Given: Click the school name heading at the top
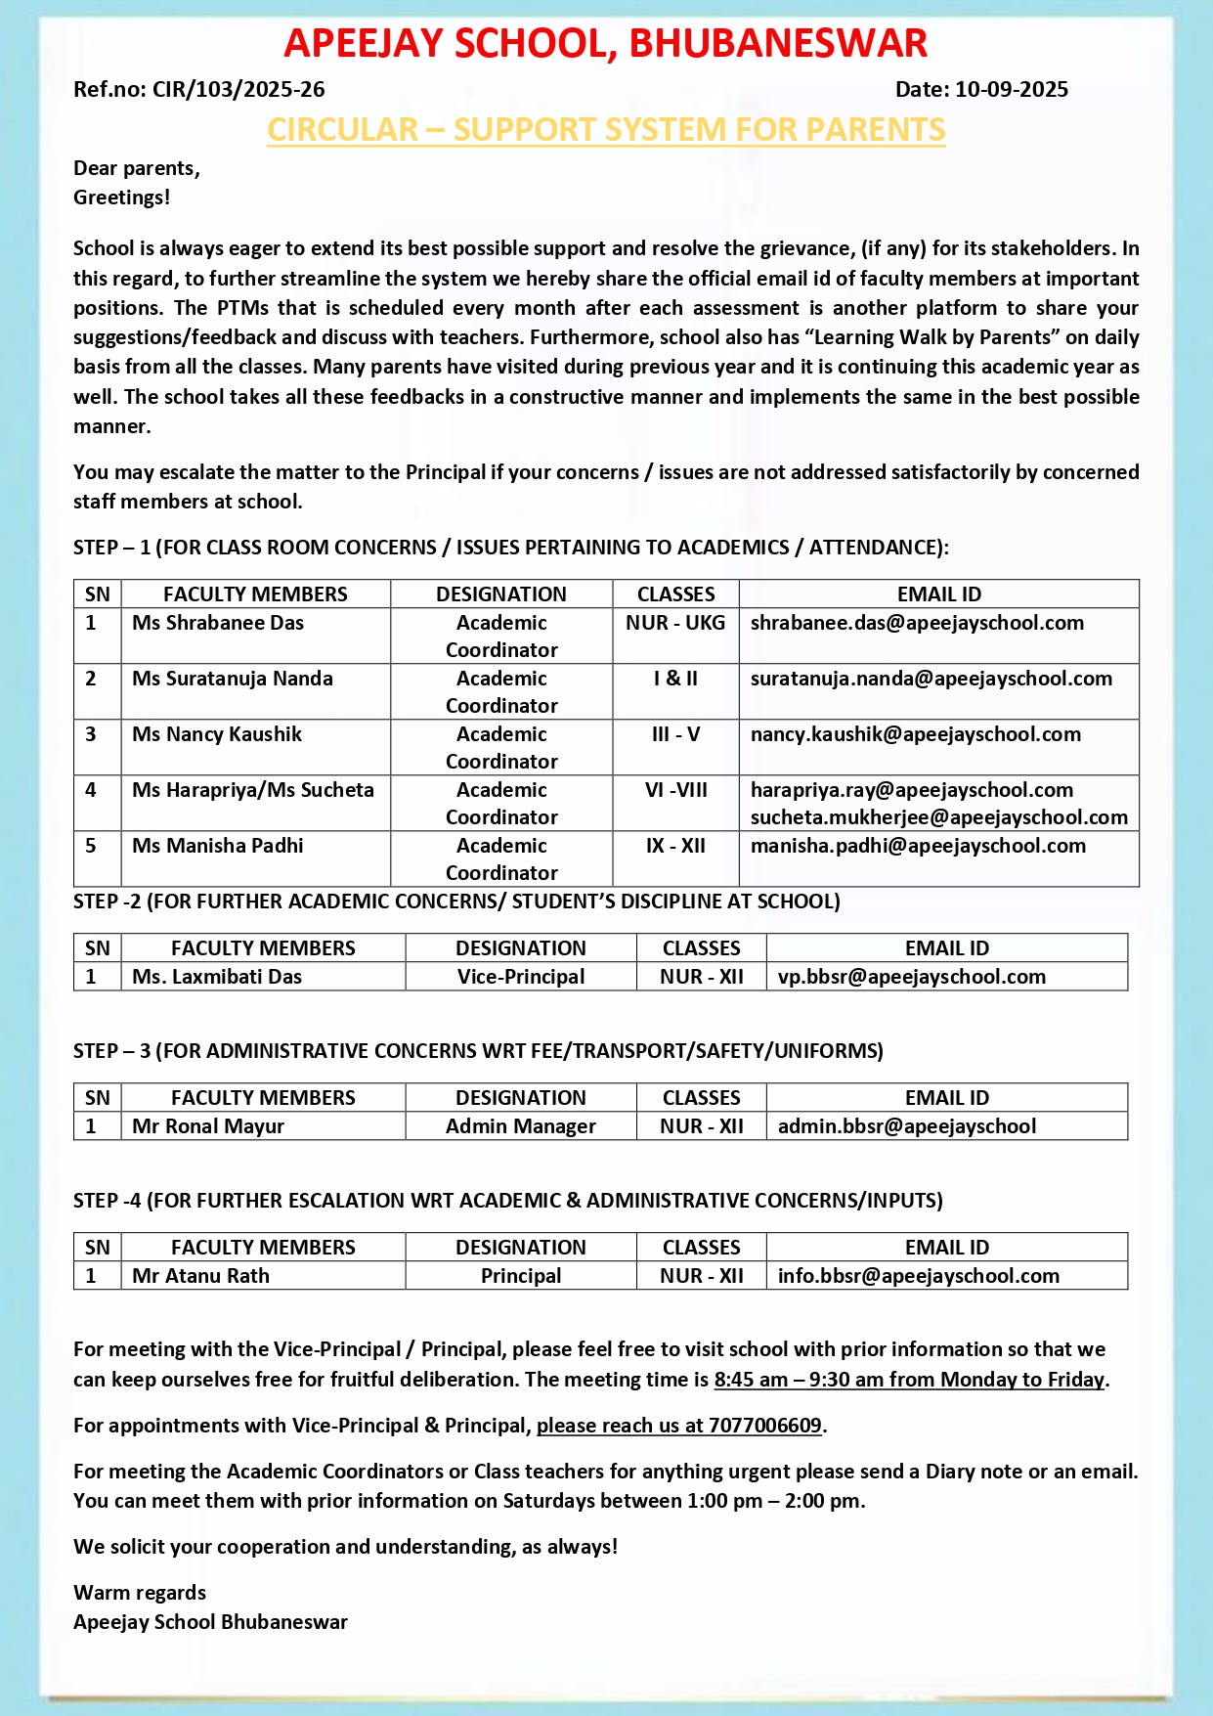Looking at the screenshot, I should tap(605, 44).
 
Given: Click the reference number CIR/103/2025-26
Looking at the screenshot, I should tap(238, 90).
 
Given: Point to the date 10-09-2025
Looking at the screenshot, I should tap(1011, 90).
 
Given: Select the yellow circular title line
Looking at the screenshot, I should tap(606, 130).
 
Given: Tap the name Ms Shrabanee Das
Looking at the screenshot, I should tap(218, 623).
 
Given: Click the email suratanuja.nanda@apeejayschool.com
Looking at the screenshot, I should tap(931, 679).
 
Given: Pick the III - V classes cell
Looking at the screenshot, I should tap(675, 734).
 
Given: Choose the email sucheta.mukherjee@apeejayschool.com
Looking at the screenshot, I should tap(938, 817).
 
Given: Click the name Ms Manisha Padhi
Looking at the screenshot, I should tap(218, 846).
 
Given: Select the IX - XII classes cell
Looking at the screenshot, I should tap(675, 846).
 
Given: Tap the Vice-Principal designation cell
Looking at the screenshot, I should tap(521, 977).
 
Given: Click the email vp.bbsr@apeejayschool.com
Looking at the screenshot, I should tap(911, 977).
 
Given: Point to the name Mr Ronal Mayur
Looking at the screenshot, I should tap(208, 1126).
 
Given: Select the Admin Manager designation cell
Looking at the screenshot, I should tap(521, 1126).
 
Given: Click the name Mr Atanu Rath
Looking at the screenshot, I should tap(200, 1276).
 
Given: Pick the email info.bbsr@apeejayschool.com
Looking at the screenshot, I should tap(918, 1276).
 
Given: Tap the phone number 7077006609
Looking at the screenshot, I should tap(764, 1426).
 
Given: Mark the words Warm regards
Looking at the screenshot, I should tap(140, 1593).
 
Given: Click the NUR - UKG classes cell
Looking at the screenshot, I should tap(675, 623).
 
